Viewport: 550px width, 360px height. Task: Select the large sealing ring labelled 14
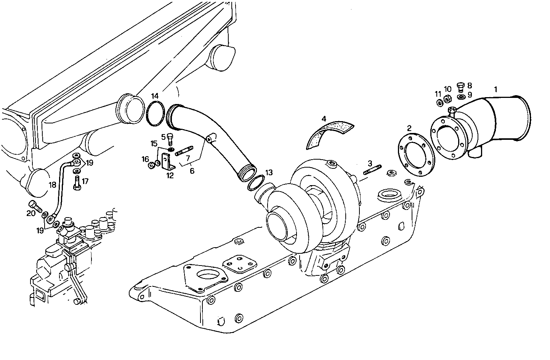pos(156,113)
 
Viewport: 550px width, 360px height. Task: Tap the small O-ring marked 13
pos(255,183)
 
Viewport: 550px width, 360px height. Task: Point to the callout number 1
pos(495,90)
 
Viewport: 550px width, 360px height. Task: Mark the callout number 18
pos(52,185)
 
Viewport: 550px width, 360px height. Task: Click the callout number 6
pos(192,171)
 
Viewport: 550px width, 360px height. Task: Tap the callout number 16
pos(145,159)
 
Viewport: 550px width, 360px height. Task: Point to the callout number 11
pos(438,94)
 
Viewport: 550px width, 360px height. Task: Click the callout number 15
pos(154,144)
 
